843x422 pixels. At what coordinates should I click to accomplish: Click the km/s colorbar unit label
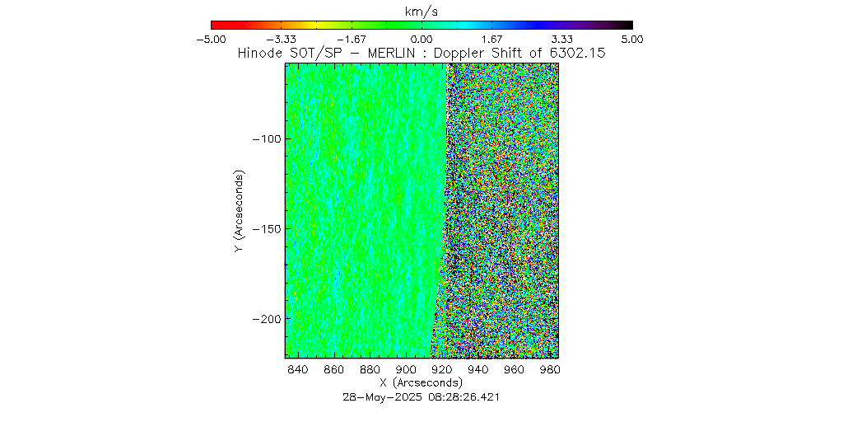pyautogui.click(x=421, y=11)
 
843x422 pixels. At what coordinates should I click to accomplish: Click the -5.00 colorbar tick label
pyautogui.click(x=211, y=39)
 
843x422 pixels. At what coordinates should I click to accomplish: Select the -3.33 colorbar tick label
pyautogui.click(x=281, y=39)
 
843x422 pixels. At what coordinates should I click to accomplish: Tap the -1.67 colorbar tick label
pyautogui.click(x=351, y=39)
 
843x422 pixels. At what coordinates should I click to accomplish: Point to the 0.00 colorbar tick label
pyautogui.click(x=421, y=39)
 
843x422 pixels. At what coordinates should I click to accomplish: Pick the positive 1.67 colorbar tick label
pyautogui.click(x=491, y=39)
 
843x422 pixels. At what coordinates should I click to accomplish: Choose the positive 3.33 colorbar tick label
pyautogui.click(x=562, y=39)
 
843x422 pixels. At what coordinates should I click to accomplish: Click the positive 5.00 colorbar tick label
pyautogui.click(x=632, y=39)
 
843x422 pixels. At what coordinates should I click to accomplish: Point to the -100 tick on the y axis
pyautogui.click(x=266, y=138)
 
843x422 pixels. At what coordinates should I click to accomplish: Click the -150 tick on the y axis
pyautogui.click(x=266, y=228)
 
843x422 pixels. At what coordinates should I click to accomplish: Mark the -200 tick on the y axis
pyautogui.click(x=266, y=318)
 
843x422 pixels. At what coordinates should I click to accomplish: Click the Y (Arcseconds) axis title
pyautogui.click(x=239, y=212)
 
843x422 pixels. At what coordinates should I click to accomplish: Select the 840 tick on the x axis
pyautogui.click(x=297, y=369)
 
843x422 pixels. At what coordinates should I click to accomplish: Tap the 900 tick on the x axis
pyautogui.click(x=406, y=369)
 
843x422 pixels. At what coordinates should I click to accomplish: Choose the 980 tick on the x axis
pyautogui.click(x=550, y=369)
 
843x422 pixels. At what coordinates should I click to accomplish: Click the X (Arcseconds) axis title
pyautogui.click(x=421, y=383)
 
